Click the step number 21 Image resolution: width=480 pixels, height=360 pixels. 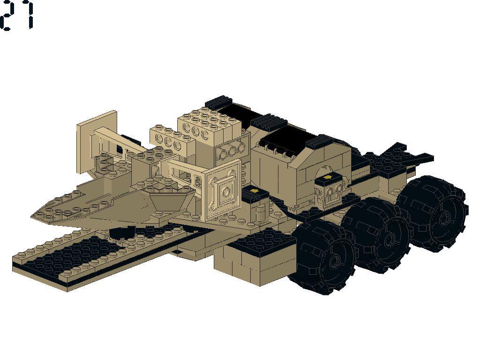click(x=17, y=15)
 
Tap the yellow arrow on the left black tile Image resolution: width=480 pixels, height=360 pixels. click(x=254, y=191)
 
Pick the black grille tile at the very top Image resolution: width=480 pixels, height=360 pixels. click(x=218, y=102)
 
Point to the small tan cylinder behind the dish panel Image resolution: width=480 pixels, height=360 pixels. click(x=260, y=214)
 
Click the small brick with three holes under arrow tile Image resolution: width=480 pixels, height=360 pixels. click(x=331, y=193)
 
